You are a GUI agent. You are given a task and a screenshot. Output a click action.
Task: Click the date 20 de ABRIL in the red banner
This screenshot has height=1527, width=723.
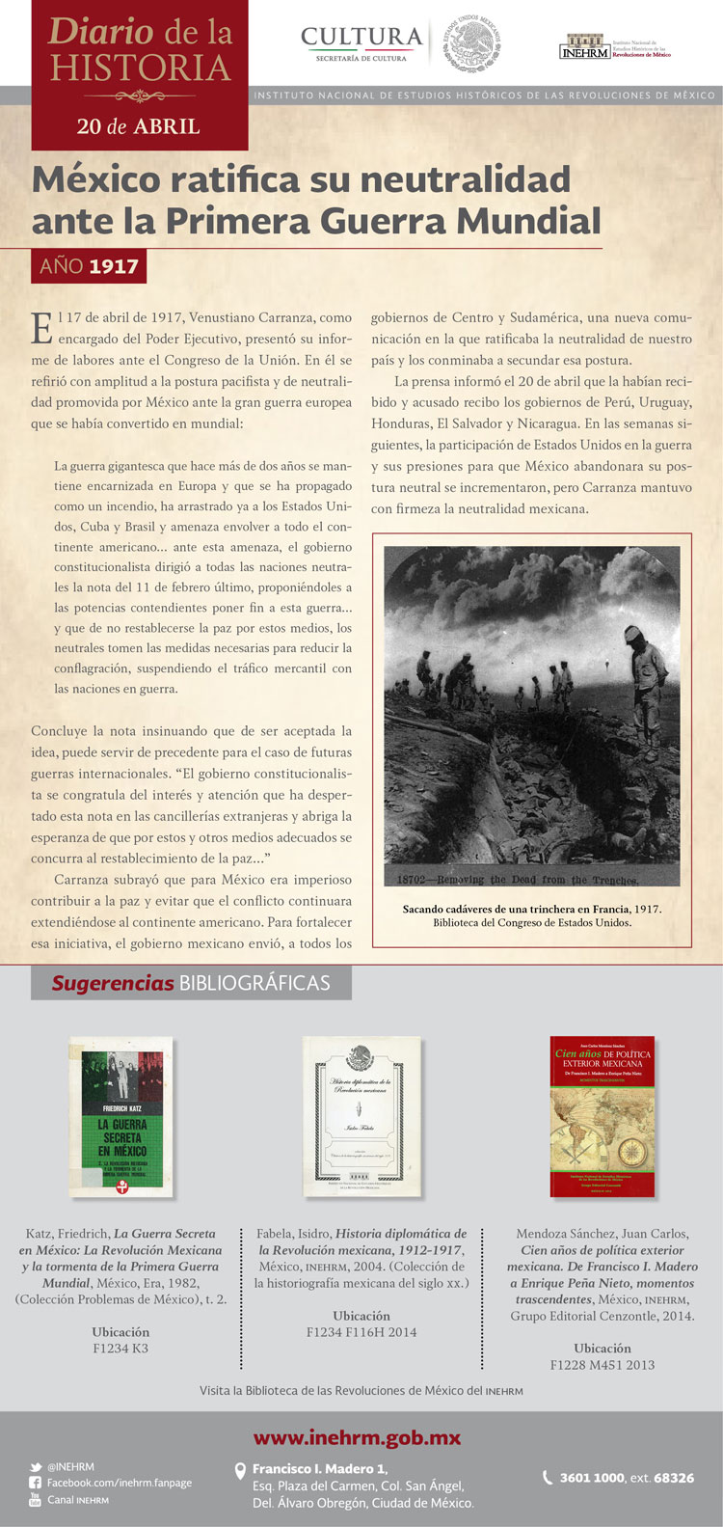(139, 126)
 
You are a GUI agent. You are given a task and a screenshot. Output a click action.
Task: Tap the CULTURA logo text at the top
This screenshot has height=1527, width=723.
(361, 38)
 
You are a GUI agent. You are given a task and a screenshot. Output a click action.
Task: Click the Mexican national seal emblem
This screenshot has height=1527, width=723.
(473, 43)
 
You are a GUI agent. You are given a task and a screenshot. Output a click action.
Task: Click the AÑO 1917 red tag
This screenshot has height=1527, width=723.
(89, 266)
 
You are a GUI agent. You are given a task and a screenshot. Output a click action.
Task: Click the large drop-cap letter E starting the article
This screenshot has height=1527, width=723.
(41, 328)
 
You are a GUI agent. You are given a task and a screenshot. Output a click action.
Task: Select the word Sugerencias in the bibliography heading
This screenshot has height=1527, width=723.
(112, 983)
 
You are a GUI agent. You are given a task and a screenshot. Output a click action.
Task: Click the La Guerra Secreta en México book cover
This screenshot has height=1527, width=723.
(121, 1117)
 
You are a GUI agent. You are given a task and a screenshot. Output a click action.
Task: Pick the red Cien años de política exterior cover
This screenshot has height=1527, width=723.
(602, 1116)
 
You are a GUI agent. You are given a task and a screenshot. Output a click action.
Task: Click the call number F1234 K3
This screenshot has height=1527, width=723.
(120, 1349)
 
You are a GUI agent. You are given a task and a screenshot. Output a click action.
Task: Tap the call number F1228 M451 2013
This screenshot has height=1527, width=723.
(602, 1365)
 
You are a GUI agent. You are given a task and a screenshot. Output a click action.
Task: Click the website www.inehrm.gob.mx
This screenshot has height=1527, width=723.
(357, 1438)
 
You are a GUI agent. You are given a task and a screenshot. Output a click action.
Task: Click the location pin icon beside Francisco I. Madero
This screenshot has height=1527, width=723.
(241, 1471)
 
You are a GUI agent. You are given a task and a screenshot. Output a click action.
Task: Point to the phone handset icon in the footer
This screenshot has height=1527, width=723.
(549, 1478)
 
